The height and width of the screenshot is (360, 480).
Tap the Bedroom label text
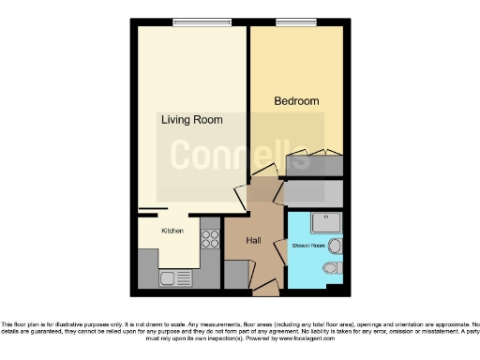[296, 101]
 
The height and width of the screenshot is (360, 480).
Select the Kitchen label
[172, 231]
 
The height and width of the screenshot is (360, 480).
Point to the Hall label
[253, 241]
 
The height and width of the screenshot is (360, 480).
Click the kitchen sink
[171, 277]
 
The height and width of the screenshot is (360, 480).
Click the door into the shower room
[280, 252]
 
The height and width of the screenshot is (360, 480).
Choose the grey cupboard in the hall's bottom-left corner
[236, 275]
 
